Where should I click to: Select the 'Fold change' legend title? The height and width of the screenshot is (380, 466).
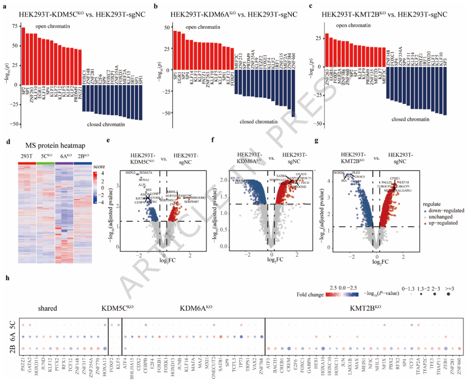(311, 295)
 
